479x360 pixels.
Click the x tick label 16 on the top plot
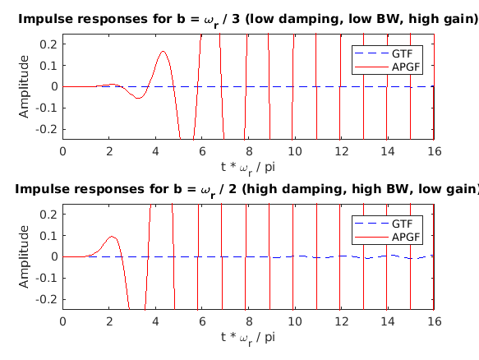(434, 150)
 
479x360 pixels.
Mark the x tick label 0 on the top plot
(62, 150)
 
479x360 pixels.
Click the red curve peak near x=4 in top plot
(163, 52)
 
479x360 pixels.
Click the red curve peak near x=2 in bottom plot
(113, 237)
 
